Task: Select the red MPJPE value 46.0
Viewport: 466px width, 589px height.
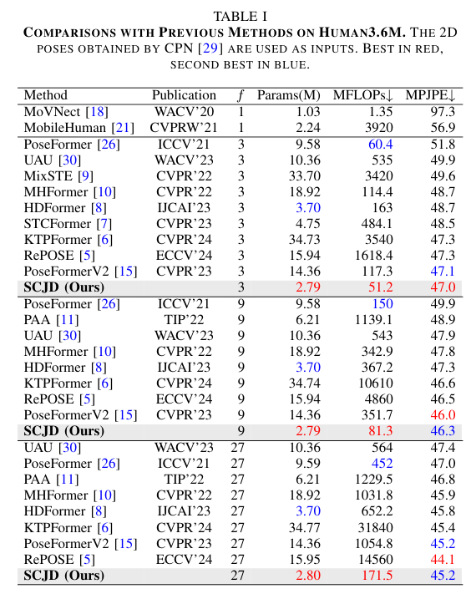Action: [x=442, y=415]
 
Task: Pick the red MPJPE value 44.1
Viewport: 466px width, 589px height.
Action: [x=442, y=559]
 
